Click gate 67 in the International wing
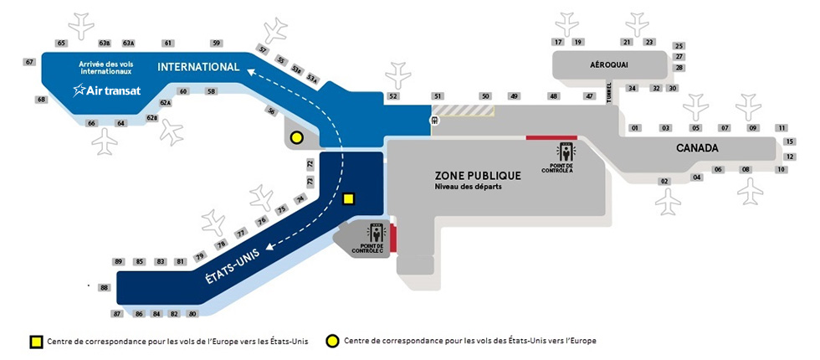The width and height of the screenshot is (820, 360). pyautogui.click(x=29, y=62)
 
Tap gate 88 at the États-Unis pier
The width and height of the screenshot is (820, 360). pyautogui.click(x=105, y=288)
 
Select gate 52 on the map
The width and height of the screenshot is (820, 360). pyautogui.click(x=393, y=97)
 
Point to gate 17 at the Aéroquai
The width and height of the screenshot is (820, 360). pyautogui.click(x=558, y=42)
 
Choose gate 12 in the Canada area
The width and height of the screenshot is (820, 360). pyautogui.click(x=790, y=157)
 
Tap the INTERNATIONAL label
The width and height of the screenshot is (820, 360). pyautogui.click(x=198, y=67)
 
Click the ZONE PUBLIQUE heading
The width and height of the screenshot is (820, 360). pyautogui.click(x=478, y=176)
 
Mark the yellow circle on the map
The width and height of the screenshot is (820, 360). pyautogui.click(x=295, y=138)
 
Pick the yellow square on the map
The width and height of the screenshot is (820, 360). pyautogui.click(x=349, y=199)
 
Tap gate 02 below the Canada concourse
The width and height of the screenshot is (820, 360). pyautogui.click(x=664, y=181)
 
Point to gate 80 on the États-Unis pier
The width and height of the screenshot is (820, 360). pyautogui.click(x=192, y=314)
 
